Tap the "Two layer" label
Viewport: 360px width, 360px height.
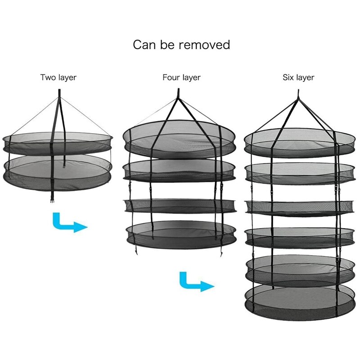58,77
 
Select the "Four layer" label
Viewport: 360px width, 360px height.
181,77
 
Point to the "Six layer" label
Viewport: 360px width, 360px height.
298,77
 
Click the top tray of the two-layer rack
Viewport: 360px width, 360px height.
58,142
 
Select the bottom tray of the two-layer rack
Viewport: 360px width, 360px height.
58,171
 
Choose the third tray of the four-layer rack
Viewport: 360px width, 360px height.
180,205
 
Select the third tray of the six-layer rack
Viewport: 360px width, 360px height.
298,207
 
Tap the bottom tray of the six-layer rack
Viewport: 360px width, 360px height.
298,299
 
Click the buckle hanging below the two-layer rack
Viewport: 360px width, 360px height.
52,200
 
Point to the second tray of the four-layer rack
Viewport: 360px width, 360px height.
180,170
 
